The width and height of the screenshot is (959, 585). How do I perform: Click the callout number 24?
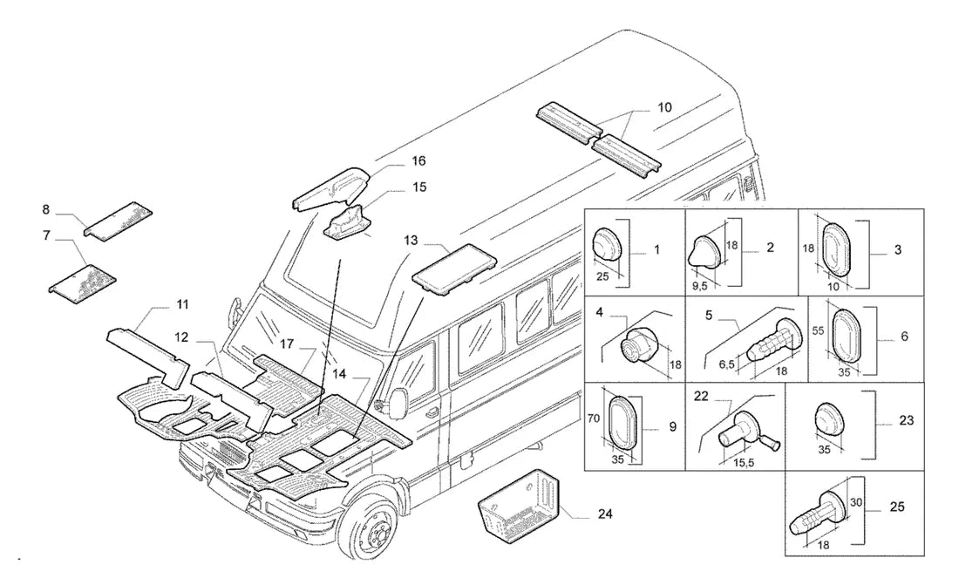click(604, 514)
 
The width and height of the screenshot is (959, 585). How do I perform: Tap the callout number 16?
click(418, 161)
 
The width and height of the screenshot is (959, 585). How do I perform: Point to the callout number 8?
click(46, 210)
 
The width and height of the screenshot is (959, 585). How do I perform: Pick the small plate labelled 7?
click(83, 282)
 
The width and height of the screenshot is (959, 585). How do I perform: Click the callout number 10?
click(664, 108)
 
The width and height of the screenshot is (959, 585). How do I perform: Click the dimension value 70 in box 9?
click(593, 419)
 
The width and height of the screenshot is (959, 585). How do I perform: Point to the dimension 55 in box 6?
click(819, 331)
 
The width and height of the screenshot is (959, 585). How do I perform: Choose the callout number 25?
click(897, 507)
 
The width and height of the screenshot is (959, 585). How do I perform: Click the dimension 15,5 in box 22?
click(743, 463)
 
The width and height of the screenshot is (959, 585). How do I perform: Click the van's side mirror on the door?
click(398, 402)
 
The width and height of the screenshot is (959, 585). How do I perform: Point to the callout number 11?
click(182, 305)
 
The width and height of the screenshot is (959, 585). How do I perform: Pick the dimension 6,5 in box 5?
click(727, 364)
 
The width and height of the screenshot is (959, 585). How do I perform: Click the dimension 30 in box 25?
click(856, 502)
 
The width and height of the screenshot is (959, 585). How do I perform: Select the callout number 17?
click(287, 344)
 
